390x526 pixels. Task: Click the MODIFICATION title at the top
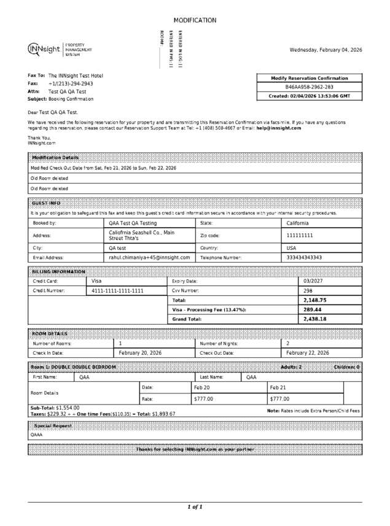(195, 20)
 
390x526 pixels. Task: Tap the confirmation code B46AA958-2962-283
(310, 87)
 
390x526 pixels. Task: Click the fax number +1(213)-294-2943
(71, 83)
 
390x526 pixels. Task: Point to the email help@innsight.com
(279, 128)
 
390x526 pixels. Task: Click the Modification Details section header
(55, 158)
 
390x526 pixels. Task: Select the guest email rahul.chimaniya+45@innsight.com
(149, 258)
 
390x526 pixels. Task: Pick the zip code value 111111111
(300, 235)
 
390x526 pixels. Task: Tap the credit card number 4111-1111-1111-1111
(117, 291)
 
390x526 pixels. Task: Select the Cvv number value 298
(308, 290)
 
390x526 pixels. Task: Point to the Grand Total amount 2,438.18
(315, 319)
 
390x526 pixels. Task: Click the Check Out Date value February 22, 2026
(308, 353)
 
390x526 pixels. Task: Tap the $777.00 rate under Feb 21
(280, 399)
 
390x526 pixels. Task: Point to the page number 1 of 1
(195, 507)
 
